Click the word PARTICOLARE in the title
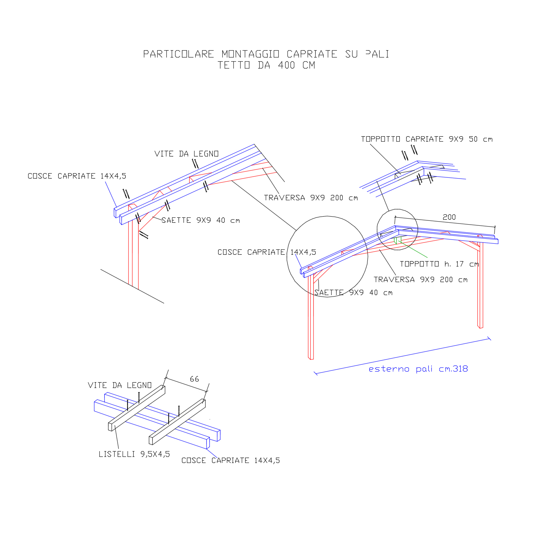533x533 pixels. coord(179,54)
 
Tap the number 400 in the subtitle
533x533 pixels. coord(286,65)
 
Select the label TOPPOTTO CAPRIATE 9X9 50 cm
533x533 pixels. coord(427,139)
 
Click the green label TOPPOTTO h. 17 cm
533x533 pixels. coord(439,264)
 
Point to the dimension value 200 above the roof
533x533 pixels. coord(449,217)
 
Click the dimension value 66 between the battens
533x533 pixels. coord(194,379)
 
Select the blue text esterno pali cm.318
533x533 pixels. coord(418,369)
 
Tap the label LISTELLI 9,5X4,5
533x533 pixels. coord(134,454)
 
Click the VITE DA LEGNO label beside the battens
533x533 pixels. coord(120,385)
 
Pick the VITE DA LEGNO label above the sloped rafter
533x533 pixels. coord(187,154)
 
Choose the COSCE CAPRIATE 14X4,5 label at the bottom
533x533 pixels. coord(230,460)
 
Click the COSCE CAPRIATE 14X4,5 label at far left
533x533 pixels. coord(77,176)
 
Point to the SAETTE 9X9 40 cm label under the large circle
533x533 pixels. coord(353,292)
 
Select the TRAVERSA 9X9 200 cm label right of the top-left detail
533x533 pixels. coord(311,198)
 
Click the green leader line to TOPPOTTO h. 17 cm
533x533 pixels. coord(413,250)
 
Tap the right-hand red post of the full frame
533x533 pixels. coord(480,286)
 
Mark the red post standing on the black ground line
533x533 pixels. coord(133,255)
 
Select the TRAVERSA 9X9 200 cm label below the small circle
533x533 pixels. coord(420,279)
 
